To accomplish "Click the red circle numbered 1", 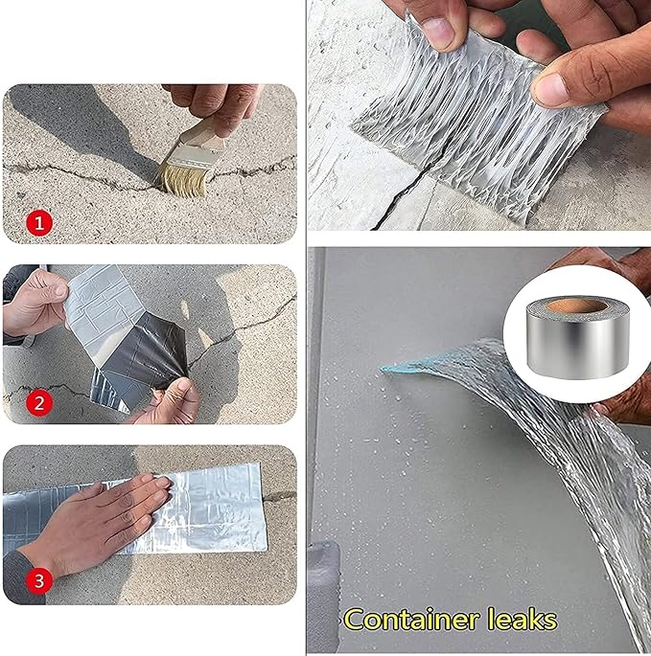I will (x=39, y=225).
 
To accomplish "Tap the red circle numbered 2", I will (x=39, y=403).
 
